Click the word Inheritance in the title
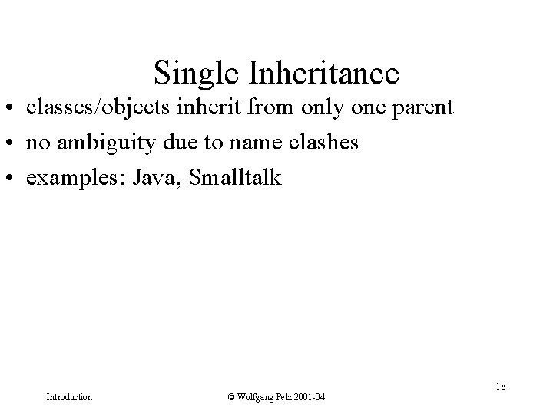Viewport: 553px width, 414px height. point(323,74)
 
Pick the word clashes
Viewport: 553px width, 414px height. point(320,143)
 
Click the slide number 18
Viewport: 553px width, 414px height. point(500,386)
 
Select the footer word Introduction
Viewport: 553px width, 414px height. point(69,397)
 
